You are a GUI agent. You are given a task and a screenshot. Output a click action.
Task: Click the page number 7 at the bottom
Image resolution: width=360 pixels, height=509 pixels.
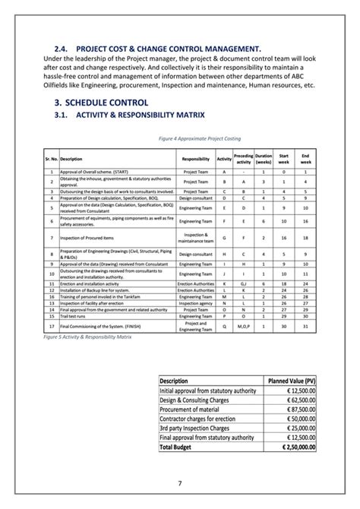point(180,483)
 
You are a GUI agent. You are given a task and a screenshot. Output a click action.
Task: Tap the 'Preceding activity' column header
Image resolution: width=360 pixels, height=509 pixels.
point(244,159)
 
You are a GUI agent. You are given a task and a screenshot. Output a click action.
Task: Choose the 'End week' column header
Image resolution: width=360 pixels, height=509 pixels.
point(305,159)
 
